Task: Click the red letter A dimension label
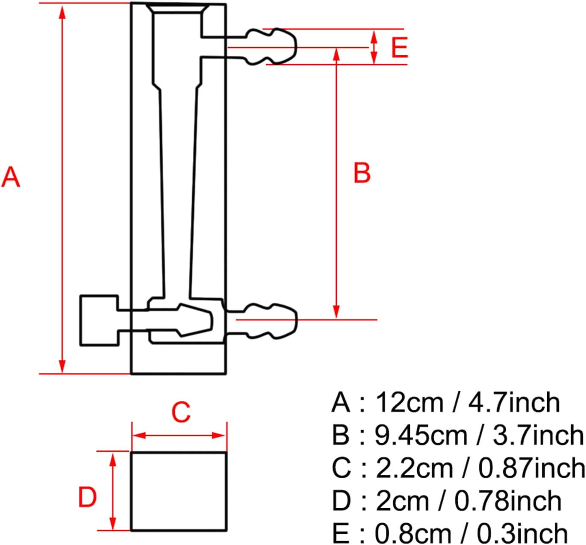tap(11, 177)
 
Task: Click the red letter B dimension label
tap(362, 173)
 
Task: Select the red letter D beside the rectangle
tap(87, 498)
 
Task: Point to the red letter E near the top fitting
tap(399, 47)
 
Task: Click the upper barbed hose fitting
tap(271, 47)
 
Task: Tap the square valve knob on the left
tap(99, 320)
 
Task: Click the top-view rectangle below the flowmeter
tap(178, 491)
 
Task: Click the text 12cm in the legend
tap(409, 403)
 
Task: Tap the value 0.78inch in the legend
tap(507, 501)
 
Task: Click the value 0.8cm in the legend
tap(412, 533)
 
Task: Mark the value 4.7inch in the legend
tap(514, 403)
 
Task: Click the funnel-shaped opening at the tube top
tap(177, 9)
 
